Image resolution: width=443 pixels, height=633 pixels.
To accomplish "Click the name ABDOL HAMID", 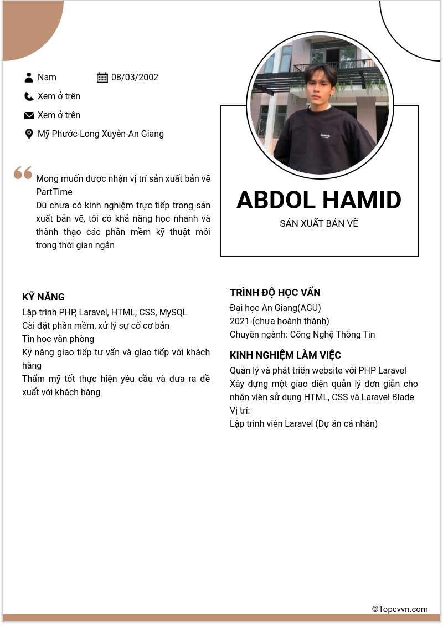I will coord(319,200).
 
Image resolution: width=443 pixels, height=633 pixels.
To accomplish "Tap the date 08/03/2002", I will coord(135,78).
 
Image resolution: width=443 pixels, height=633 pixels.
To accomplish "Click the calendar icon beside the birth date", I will coord(102,78).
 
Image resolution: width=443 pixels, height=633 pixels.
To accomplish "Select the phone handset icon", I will coord(29,96).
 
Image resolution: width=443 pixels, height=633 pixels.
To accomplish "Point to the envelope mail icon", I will coord(29,115).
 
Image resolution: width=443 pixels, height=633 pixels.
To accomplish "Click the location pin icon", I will coord(29,134).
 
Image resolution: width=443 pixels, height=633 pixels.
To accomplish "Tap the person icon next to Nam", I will coord(29,78).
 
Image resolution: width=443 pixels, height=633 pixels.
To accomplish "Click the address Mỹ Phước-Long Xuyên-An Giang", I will coord(101,134).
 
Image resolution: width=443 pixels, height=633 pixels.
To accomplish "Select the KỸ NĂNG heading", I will coord(44,297).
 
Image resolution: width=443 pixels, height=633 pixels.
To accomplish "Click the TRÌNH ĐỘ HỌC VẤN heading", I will coord(275,293).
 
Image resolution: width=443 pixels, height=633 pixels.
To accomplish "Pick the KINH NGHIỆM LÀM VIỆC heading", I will coord(285,355).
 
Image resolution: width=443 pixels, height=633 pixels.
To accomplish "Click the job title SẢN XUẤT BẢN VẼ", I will coord(319,224).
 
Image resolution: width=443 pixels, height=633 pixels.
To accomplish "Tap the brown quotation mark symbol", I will coord(23,173).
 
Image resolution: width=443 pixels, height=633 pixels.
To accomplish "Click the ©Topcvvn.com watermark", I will coord(400,609).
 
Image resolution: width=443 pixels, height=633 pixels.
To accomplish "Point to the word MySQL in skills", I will coord(173,313).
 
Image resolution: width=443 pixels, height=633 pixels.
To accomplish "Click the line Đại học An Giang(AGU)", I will coord(275,308).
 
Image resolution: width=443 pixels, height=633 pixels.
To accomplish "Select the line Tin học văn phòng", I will coord(58,339).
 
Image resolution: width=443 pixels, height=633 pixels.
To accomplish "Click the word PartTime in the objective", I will coord(54,192).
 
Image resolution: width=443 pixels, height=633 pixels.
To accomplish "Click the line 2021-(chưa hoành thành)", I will coord(280,321).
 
